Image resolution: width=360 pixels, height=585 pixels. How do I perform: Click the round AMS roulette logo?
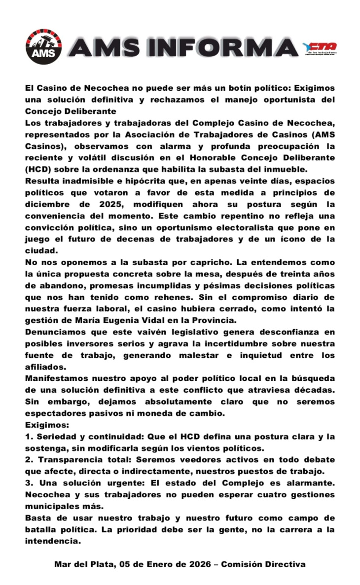pos(43,47)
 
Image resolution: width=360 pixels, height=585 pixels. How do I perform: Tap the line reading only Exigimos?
pos(44,424)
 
